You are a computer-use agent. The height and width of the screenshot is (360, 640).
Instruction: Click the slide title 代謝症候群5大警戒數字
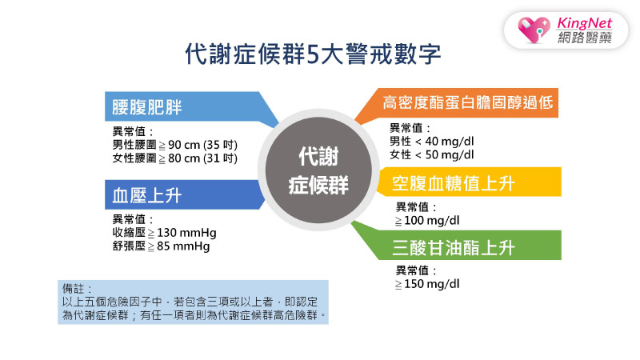point(313,54)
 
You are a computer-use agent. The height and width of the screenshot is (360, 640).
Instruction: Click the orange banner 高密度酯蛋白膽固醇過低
point(468,104)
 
